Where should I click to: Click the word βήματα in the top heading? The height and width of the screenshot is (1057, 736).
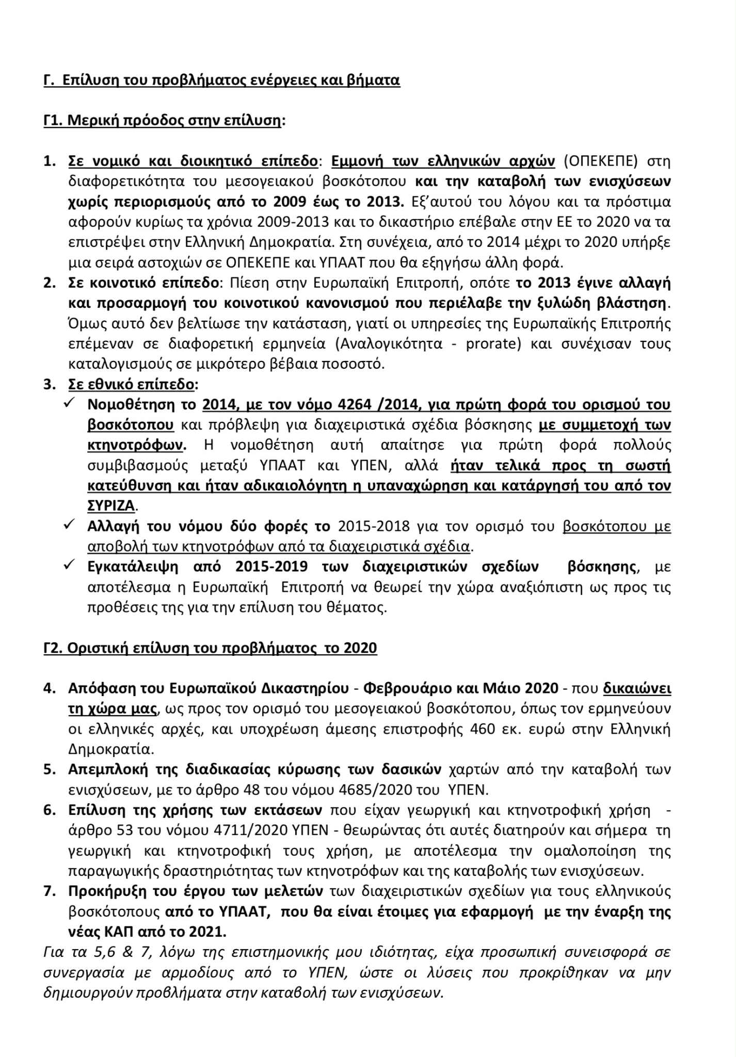click(377, 81)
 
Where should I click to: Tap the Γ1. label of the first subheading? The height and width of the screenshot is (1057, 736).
click(54, 121)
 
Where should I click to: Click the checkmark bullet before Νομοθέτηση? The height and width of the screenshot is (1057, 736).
click(69, 403)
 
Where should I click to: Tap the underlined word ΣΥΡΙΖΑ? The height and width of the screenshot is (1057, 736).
click(111, 506)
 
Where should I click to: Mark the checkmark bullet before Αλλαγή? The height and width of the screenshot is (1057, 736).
click(69, 525)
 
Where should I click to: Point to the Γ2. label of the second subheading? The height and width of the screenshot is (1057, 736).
click(54, 648)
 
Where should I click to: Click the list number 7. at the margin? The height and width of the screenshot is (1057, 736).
click(50, 891)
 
